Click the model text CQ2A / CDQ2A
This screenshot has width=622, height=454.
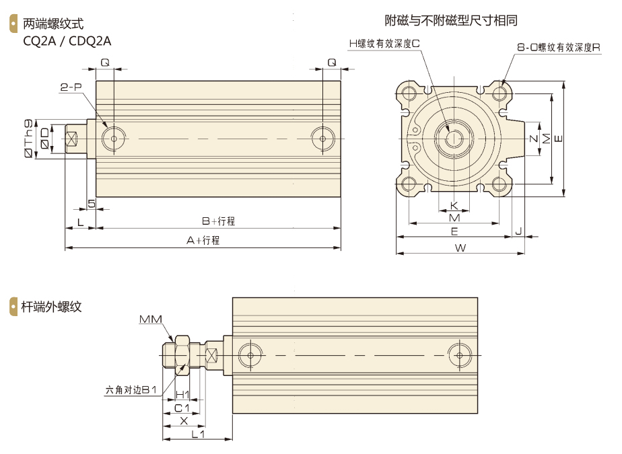[67, 40]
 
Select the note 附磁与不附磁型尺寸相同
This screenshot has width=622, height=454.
[451, 20]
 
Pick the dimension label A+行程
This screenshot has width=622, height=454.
[203, 241]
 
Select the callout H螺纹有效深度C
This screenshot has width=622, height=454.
[384, 42]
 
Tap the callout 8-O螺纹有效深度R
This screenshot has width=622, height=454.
[559, 48]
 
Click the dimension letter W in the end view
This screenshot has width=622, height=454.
[460, 247]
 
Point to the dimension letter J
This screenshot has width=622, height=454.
[518, 231]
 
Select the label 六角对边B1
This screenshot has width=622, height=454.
[131, 389]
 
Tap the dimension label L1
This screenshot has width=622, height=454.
[198, 434]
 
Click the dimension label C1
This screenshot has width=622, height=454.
[182, 408]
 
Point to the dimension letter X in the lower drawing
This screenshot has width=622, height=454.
[183, 421]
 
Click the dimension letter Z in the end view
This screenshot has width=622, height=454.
[533, 139]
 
